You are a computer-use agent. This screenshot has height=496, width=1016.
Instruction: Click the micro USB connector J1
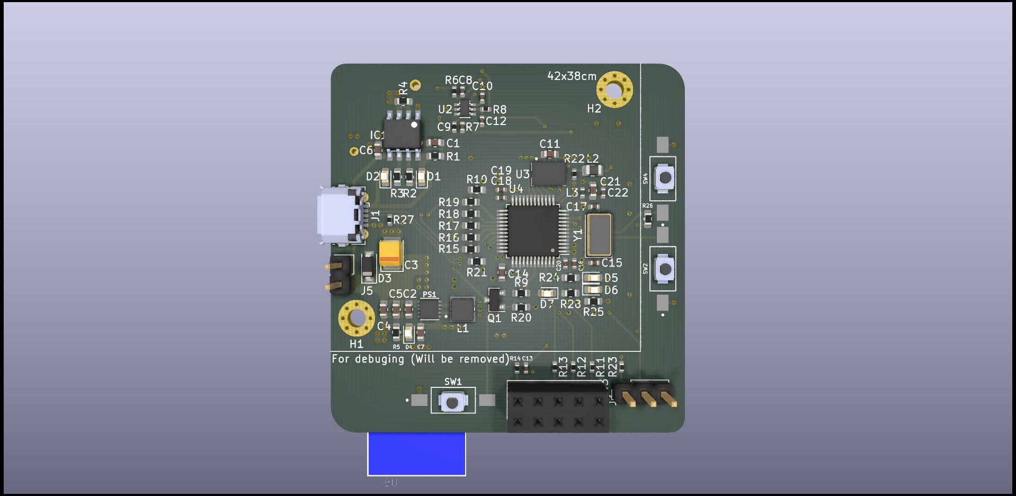pos(339,216)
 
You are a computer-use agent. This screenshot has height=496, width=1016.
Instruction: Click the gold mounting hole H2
pos(614,90)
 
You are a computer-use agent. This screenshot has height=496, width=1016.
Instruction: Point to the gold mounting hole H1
pos(357,318)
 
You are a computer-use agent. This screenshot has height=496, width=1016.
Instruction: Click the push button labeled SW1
pos(452,401)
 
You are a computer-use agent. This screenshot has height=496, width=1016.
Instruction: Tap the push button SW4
pos(664,178)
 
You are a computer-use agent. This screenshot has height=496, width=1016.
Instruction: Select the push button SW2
pos(664,269)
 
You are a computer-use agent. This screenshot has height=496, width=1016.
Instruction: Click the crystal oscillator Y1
pos(599,234)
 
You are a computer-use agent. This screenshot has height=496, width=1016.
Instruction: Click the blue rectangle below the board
pos(416,454)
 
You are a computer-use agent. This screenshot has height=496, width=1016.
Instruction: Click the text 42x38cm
pos(572,76)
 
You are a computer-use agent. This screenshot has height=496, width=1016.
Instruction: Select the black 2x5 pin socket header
pos(558,409)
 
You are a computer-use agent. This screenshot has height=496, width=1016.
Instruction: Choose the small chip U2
pos(464,108)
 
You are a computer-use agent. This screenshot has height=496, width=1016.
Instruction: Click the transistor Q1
pos(494,300)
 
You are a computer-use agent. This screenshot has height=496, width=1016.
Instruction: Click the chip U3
pos(548,173)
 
